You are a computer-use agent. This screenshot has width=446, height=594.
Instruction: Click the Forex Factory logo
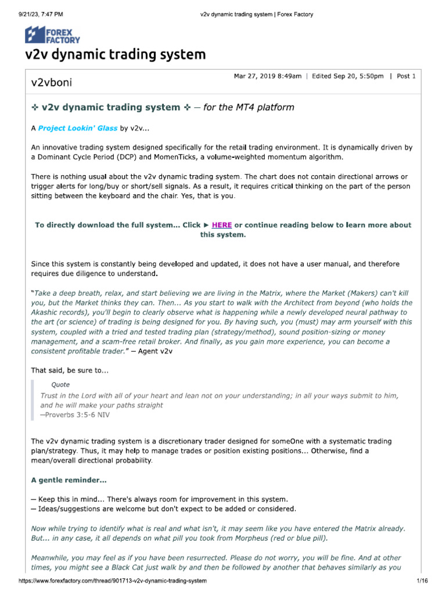52,35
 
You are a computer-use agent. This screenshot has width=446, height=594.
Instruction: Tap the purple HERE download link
222,225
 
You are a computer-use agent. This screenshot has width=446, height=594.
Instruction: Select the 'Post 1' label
406,77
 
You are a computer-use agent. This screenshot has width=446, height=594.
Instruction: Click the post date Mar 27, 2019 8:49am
267,77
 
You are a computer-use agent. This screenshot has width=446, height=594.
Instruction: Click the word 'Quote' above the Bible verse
60,385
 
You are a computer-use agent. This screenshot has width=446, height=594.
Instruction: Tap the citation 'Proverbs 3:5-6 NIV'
74,415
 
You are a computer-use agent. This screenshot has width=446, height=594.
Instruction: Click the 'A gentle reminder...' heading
69,480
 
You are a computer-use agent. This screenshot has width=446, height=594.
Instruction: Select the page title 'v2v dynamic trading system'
115,55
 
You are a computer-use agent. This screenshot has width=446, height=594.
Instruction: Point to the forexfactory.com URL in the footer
113,581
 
